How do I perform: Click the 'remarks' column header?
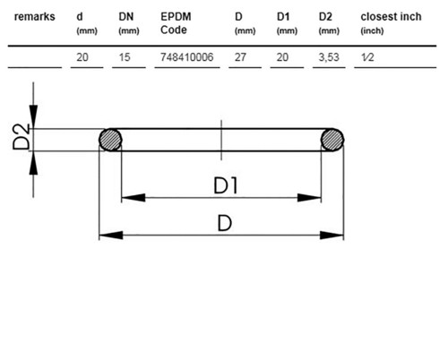(x=35, y=17)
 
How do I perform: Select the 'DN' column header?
(x=126, y=17)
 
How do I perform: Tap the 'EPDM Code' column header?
(x=176, y=23)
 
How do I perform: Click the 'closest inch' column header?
(x=391, y=17)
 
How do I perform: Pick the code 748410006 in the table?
(x=187, y=57)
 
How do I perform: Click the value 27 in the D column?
(x=240, y=57)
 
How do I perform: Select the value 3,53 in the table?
(x=329, y=57)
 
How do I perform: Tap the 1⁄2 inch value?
(x=367, y=57)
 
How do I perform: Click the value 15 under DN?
(x=125, y=57)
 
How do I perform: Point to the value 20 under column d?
(x=82, y=57)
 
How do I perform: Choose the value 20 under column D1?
(x=282, y=57)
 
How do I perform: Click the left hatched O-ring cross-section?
(x=110, y=140)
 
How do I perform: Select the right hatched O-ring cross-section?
(x=332, y=140)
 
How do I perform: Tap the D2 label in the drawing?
(x=22, y=136)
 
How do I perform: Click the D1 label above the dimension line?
(x=226, y=185)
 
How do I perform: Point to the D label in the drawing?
(x=225, y=224)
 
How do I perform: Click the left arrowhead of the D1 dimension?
(x=134, y=197)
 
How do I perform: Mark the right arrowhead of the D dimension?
(x=332, y=236)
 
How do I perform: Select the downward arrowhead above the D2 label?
(x=33, y=116)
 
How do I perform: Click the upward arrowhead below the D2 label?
(x=33, y=163)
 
